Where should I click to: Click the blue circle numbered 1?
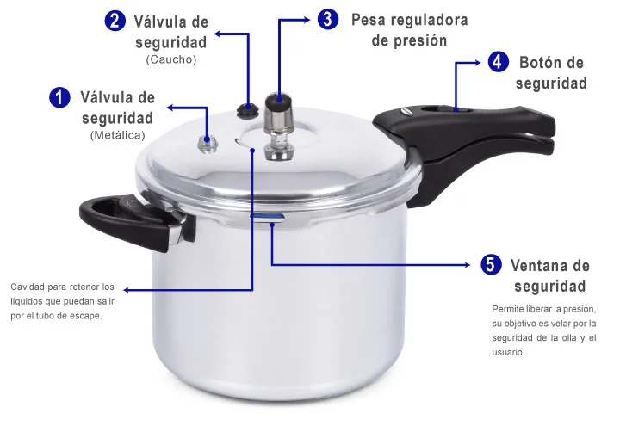point(59,97)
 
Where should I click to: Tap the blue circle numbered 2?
point(115,21)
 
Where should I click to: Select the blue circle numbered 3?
point(328,19)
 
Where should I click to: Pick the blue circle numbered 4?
point(498,62)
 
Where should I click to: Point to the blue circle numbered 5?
point(491,264)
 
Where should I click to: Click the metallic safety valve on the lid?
point(208,144)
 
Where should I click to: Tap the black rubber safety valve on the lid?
point(247,110)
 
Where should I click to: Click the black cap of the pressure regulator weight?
point(279,102)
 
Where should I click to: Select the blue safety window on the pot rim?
point(267,217)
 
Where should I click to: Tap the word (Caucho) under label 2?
point(171,59)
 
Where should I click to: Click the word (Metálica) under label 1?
point(117,135)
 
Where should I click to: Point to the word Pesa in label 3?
point(370,20)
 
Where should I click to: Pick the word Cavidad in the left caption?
point(28,287)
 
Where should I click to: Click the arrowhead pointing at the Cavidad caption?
point(127,290)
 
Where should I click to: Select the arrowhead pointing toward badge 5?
point(467,265)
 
